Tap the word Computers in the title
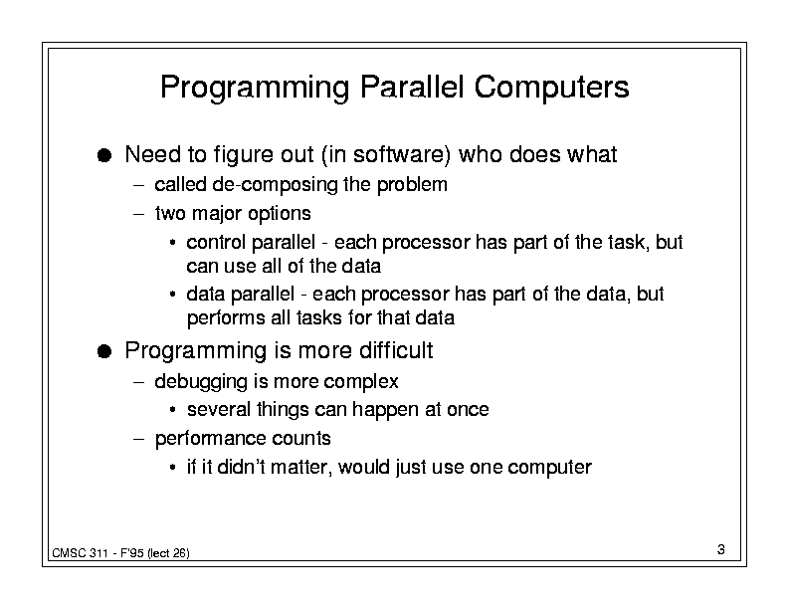[551, 87]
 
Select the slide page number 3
[721, 549]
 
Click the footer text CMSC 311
[80, 553]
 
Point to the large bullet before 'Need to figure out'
[104, 155]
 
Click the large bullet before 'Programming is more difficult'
[104, 351]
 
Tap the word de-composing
[276, 185]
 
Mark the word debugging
[201, 382]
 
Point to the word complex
[361, 382]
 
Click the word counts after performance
[301, 439]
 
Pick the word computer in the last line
[550, 468]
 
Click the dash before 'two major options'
[138, 214]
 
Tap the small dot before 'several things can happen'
[172, 410]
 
